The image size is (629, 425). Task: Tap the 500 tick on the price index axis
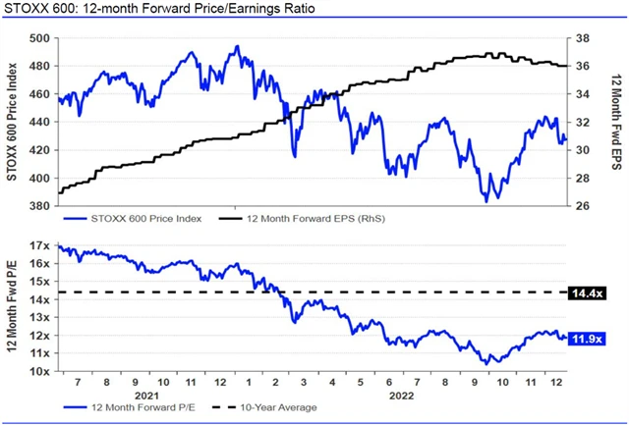[x=40, y=38]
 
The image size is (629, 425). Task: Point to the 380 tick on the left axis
[x=40, y=206]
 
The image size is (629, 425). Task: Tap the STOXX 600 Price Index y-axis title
[x=14, y=123]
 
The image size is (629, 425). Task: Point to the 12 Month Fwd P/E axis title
[x=14, y=309]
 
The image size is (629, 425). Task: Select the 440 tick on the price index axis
[x=40, y=122]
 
